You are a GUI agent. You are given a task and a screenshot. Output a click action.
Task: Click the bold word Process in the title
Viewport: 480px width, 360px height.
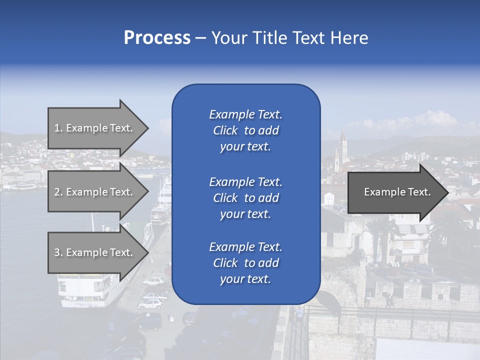point(157,38)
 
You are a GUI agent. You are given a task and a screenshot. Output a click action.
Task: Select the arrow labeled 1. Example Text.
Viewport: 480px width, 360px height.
point(95,128)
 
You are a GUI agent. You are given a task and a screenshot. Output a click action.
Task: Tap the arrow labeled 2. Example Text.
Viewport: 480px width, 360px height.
point(95,192)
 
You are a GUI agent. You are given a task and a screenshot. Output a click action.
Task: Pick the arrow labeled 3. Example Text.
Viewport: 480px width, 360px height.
point(95,252)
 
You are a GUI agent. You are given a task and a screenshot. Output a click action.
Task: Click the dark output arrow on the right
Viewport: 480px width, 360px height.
point(395,192)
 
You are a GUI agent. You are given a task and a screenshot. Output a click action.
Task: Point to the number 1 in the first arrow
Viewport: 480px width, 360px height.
point(57,128)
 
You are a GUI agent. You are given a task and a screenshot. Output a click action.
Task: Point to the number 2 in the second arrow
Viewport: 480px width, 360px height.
point(57,192)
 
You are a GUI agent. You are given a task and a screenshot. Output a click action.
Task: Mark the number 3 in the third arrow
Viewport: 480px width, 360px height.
point(57,252)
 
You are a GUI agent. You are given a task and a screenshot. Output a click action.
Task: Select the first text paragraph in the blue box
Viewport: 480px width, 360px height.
point(245,130)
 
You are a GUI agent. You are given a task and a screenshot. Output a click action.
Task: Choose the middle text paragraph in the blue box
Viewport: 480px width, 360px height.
point(245,198)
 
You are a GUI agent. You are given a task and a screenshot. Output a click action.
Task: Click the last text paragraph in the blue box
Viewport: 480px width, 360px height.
point(245,263)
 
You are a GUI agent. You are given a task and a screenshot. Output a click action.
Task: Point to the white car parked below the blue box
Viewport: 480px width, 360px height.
point(152,302)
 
